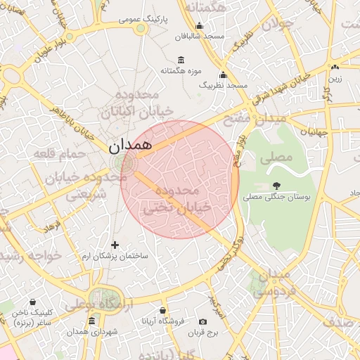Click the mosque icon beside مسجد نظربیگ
pyautogui.click(x=224, y=75)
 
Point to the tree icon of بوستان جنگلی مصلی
pyautogui.click(x=276, y=186)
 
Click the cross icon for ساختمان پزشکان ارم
pyautogui.click(x=116, y=245)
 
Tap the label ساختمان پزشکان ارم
pyautogui.click(x=116, y=257)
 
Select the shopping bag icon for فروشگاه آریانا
pyautogui.click(x=163, y=309)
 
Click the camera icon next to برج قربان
pyautogui.click(x=203, y=321)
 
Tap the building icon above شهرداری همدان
pyautogui.click(x=92, y=321)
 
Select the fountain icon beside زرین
pyautogui.click(x=335, y=67)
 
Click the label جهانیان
pyautogui.click(x=314, y=131)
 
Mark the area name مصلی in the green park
pyautogui.click(x=276, y=157)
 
